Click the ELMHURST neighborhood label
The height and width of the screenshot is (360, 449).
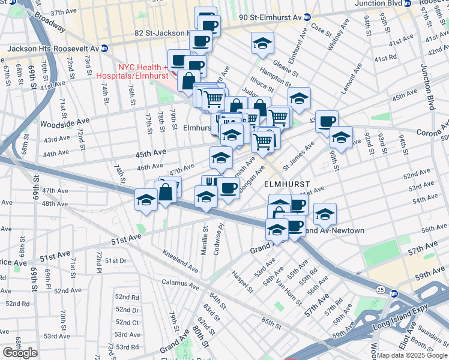[x=287, y=184]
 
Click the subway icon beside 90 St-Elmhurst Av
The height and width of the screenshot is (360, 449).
[x=307, y=17]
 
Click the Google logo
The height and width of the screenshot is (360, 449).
[x=20, y=353]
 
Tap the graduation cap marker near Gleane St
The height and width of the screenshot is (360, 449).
[x=262, y=43]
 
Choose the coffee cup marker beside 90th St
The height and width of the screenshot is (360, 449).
[x=327, y=121]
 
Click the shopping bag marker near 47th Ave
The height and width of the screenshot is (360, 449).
[x=166, y=192]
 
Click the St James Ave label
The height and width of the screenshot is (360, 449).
[x=299, y=155]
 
